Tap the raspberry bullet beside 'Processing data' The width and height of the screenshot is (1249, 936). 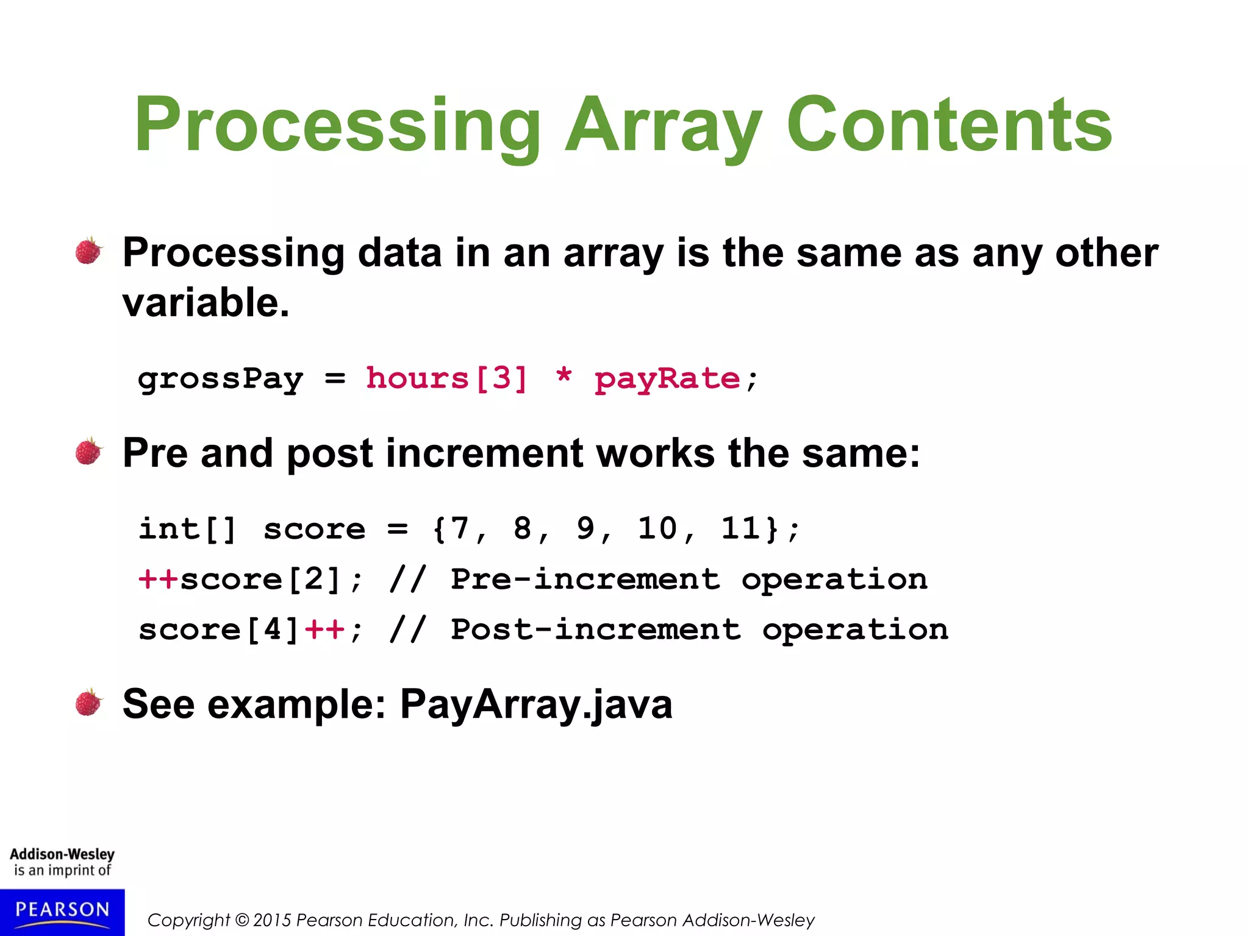89,251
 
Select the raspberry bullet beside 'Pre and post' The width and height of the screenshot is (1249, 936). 89,452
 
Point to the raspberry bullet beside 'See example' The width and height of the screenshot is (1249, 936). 89,703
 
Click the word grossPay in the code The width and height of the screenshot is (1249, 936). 220,379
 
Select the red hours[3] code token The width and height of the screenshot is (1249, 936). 446,378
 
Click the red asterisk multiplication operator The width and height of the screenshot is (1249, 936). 564,377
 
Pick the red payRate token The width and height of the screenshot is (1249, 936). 667,380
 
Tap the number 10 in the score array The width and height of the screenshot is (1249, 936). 657,528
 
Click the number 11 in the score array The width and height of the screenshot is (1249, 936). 741,528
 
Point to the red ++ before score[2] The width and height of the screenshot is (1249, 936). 158,578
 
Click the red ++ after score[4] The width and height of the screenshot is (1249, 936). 325,629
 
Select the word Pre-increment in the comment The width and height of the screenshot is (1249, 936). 585,578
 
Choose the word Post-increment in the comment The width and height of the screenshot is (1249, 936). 596,629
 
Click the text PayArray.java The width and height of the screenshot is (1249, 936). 536,704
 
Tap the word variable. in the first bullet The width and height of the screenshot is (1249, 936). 206,303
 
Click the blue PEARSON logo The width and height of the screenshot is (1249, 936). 62,911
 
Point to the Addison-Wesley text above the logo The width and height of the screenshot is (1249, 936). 62,854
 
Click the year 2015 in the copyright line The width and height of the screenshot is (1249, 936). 273,920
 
